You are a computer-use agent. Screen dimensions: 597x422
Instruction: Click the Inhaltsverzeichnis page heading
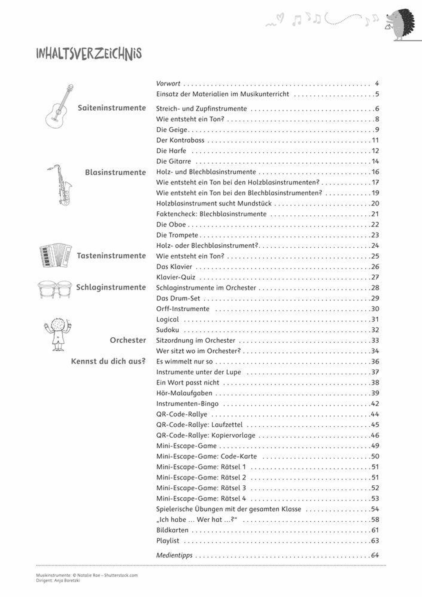coord(89,54)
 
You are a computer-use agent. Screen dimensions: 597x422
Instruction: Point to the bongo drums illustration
coord(55,289)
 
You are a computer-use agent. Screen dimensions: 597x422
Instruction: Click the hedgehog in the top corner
coord(402,25)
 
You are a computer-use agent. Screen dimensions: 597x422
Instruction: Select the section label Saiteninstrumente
coord(112,108)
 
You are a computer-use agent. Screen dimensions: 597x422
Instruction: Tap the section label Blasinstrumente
coord(116,172)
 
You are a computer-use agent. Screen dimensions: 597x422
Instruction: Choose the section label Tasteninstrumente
coord(111,256)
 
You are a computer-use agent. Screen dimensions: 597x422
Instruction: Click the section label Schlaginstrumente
coord(111,287)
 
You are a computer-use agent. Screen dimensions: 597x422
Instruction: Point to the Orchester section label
coord(128,340)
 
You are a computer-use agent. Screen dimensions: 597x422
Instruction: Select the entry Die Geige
coord(172,130)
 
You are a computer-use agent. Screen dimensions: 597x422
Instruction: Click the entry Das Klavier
coord(174,267)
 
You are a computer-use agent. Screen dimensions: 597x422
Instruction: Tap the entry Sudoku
coord(167,330)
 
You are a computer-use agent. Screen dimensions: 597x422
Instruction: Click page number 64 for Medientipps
coord(375,555)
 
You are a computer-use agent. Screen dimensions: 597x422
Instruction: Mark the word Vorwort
coord(168,84)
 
